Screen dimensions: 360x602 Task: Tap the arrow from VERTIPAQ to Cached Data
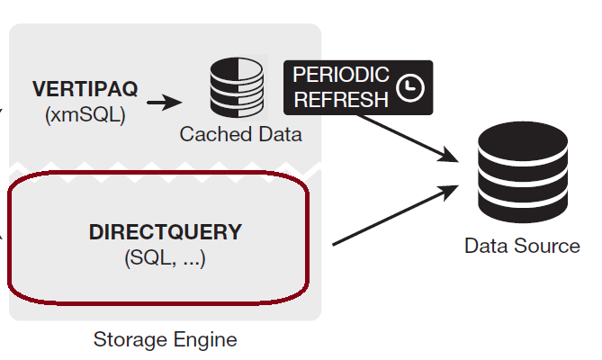click(163, 102)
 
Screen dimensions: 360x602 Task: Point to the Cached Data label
click(240, 135)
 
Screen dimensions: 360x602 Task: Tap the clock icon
click(410, 88)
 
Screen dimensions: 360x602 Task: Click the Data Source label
click(522, 246)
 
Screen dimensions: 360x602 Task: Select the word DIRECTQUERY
click(166, 232)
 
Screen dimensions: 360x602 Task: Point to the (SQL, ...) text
click(165, 258)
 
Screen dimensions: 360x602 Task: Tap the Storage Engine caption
click(165, 340)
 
